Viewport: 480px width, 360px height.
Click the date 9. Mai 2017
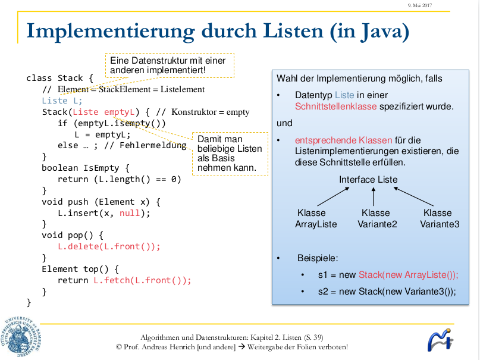pos(419,5)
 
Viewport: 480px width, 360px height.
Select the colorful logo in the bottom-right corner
pos(440,341)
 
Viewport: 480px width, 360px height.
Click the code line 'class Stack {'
pos(59,78)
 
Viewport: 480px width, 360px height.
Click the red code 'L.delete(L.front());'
pos(109,246)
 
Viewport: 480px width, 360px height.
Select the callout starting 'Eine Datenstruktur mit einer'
pos(169,65)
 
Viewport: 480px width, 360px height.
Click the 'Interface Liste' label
pos(368,180)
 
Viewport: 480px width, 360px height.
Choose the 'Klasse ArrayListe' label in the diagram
pos(316,218)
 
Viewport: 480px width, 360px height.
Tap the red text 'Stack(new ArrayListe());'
pos(408,275)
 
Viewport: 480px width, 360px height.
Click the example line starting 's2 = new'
pos(387,292)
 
